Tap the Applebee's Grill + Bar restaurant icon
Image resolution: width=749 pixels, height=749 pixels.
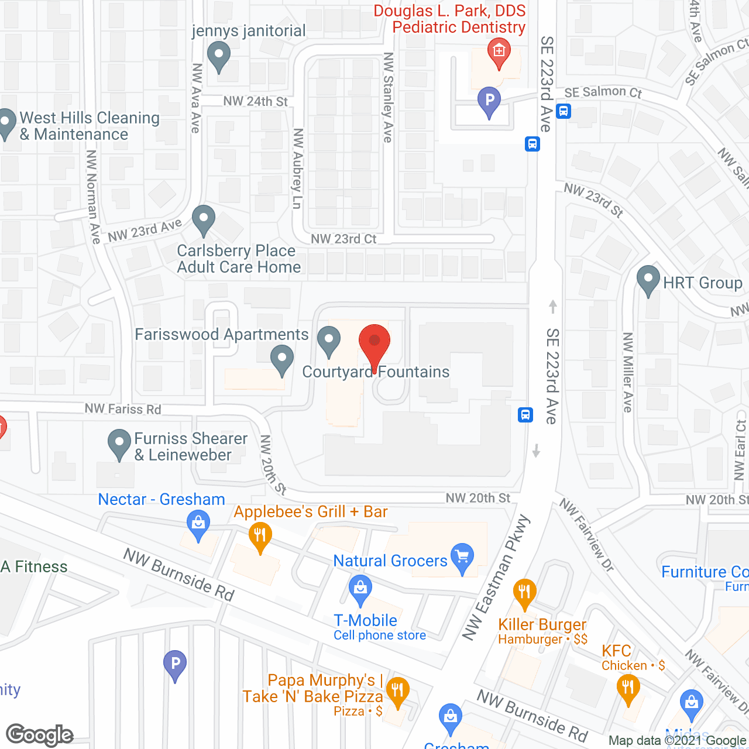(260, 536)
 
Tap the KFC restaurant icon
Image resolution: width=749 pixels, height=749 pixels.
(628, 687)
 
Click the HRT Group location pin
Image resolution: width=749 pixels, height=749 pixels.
(648, 280)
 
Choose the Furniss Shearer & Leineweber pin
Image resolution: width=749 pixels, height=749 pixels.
(119, 443)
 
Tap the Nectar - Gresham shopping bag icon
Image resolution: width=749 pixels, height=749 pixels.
(198, 523)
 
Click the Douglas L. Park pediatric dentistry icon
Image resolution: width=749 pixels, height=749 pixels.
(499, 51)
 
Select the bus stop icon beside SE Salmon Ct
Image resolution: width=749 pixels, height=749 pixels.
(564, 111)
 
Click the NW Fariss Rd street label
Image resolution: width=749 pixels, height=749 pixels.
(123, 408)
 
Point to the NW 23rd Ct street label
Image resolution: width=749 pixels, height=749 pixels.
(343, 239)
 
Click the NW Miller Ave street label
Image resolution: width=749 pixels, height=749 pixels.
(628, 372)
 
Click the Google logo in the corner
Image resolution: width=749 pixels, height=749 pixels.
(40, 735)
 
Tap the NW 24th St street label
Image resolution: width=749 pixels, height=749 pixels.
(256, 101)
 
